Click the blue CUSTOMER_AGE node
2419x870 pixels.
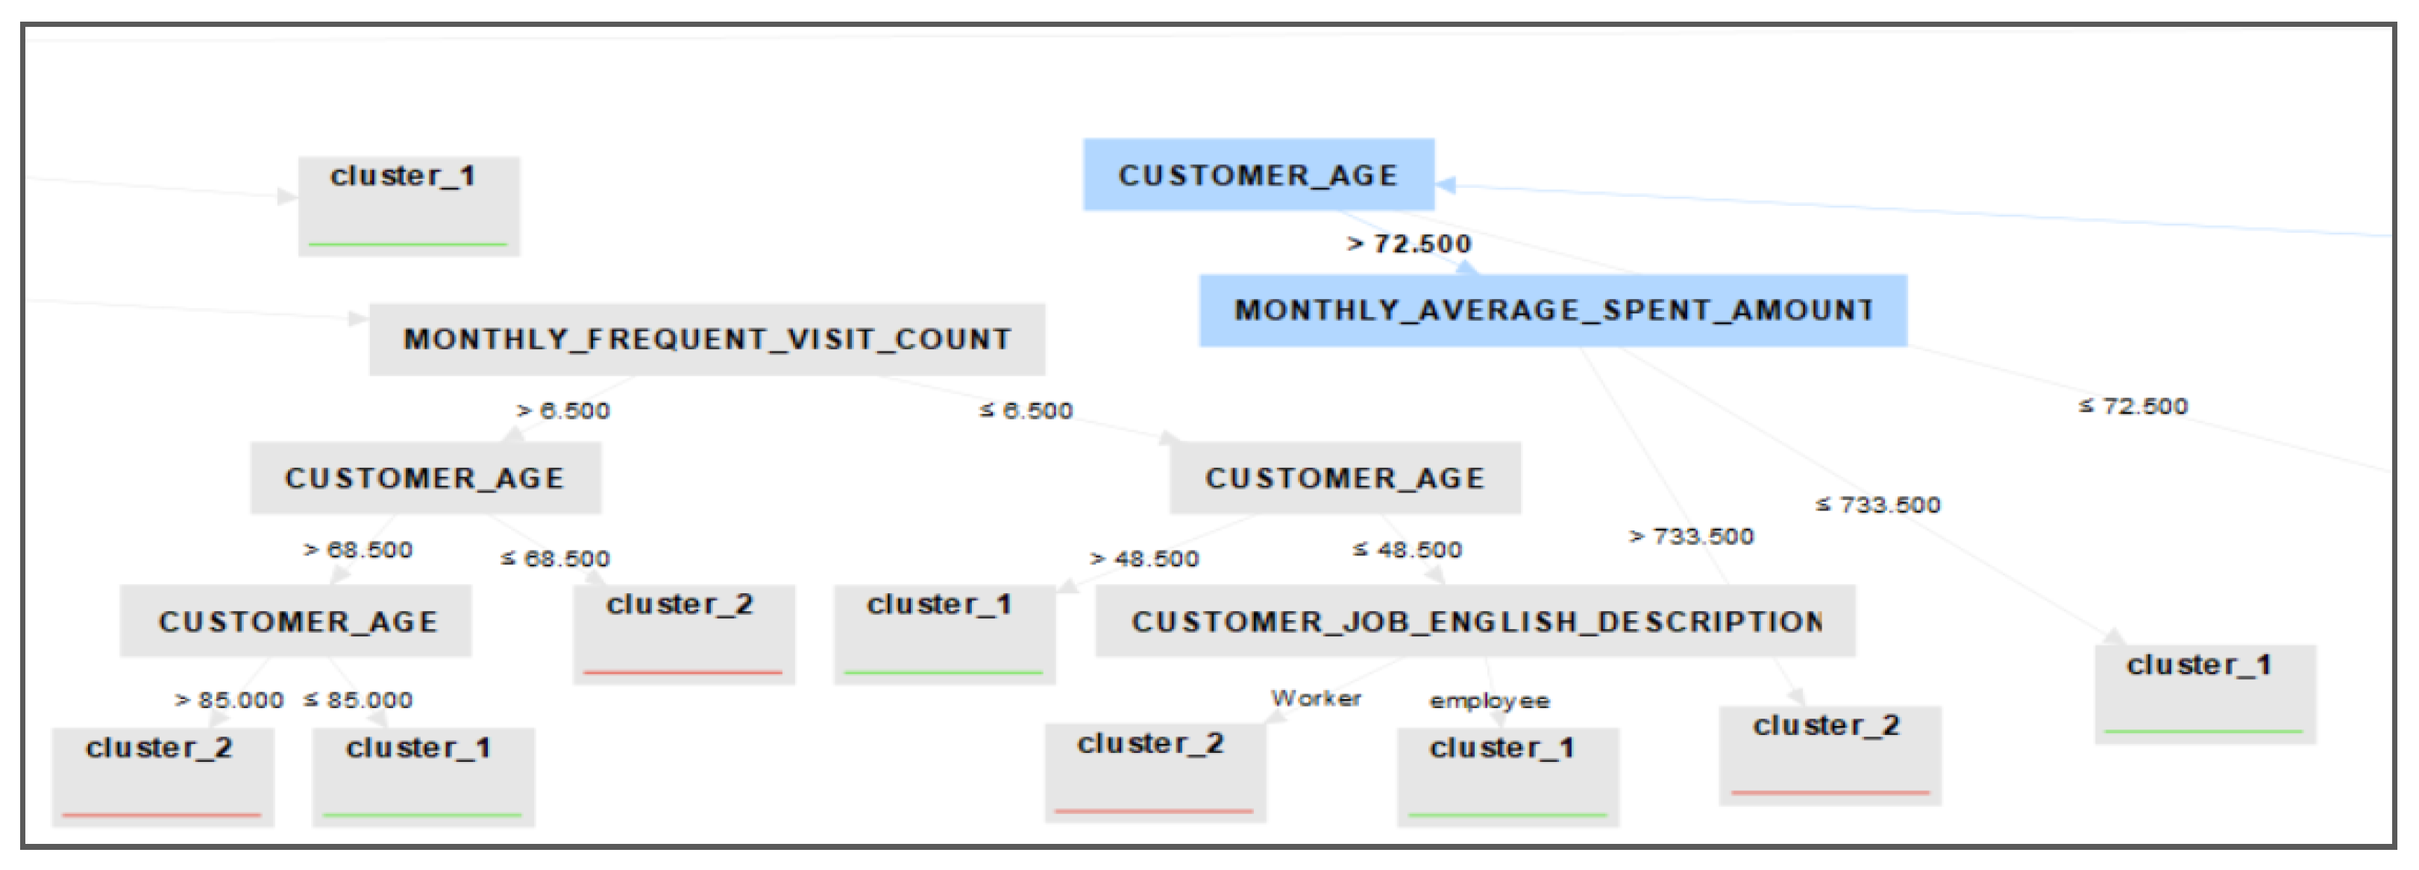pyautogui.click(x=1258, y=175)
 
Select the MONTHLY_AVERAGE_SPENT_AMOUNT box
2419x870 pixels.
pyautogui.click(x=1552, y=310)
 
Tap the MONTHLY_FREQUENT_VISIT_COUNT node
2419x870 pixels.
pyautogui.click(x=706, y=339)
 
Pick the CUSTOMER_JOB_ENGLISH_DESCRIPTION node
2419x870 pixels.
pyautogui.click(x=1475, y=621)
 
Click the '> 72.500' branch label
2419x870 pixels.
pyautogui.click(x=1408, y=244)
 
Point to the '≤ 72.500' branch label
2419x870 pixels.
pyautogui.click(x=2133, y=406)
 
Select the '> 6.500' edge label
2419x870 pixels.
pyautogui.click(x=563, y=410)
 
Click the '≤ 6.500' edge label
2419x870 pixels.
pyautogui.click(x=1026, y=410)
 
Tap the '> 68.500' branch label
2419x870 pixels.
pyautogui.click(x=358, y=550)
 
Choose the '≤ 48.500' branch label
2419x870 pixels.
pyautogui.click(x=1407, y=550)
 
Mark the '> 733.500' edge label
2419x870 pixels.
pyautogui.click(x=1691, y=536)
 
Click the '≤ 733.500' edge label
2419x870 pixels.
pyautogui.click(x=1878, y=504)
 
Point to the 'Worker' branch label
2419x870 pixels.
pyautogui.click(x=1316, y=698)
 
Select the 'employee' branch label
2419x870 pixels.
pyautogui.click(x=1490, y=701)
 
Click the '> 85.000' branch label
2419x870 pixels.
pyautogui.click(x=229, y=700)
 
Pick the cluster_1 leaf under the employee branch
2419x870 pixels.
pyautogui.click(x=1507, y=776)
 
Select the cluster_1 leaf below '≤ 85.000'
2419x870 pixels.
pyautogui.click(x=423, y=776)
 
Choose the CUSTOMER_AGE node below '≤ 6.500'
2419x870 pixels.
pyautogui.click(x=1345, y=478)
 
